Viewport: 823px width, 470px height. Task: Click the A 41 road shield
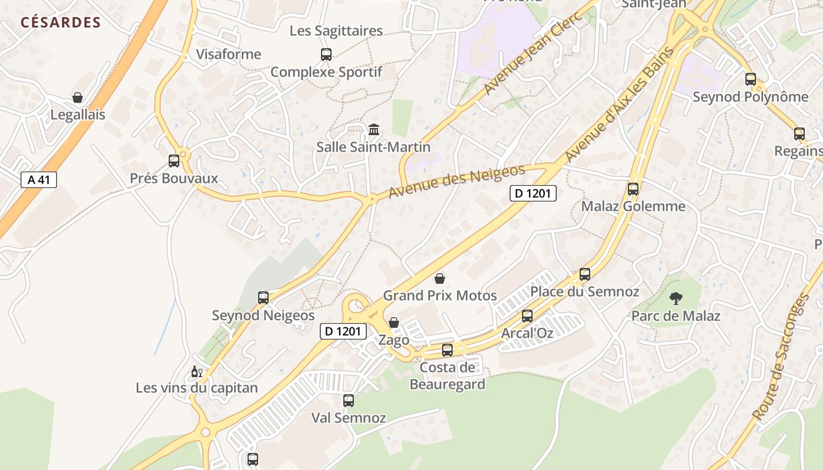[x=39, y=179]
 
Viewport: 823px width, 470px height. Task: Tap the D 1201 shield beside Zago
[x=344, y=331]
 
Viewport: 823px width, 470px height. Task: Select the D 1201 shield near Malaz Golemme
[x=533, y=193]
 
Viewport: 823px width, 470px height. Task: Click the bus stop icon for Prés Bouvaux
[x=173, y=160]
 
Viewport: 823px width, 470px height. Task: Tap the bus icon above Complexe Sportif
[x=326, y=55]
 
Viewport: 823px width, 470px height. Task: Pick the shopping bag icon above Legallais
[x=78, y=97]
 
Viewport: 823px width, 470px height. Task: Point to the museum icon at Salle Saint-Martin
[x=374, y=129]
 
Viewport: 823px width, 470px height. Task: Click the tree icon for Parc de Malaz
[x=675, y=298]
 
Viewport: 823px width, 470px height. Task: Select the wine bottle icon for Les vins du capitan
[x=196, y=371]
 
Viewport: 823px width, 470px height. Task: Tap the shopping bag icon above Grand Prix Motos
[x=440, y=278]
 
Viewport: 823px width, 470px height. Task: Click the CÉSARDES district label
[x=61, y=23]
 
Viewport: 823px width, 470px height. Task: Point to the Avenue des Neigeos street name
[x=456, y=181]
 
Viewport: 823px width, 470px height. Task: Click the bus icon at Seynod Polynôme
[x=751, y=79]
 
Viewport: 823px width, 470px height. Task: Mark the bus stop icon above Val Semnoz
[x=349, y=401]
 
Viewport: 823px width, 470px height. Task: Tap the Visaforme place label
[x=228, y=54]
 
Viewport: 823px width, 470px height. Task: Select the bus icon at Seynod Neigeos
[x=263, y=298]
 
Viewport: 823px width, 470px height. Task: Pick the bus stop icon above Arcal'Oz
[x=527, y=316]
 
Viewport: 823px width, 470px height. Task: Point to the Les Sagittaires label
[x=336, y=31]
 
